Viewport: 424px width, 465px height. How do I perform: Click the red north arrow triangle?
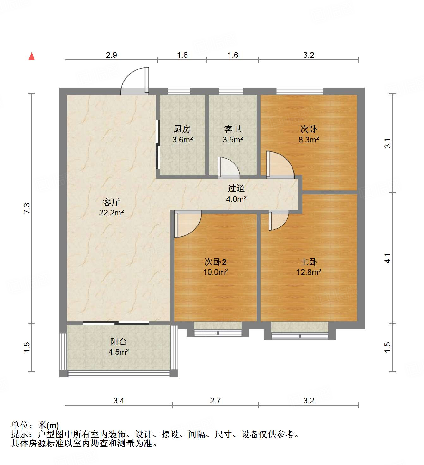pos(32,56)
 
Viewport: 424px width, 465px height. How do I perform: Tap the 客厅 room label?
pos(111,202)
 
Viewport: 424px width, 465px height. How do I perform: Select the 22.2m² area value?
pos(111,213)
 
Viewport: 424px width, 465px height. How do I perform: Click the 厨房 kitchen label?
pos(182,129)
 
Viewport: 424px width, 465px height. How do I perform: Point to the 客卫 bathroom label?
pos(233,129)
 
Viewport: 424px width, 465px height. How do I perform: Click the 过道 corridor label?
pos(236,189)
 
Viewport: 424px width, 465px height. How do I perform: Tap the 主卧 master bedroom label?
pos(309,262)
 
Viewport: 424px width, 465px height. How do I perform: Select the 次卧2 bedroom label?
pos(215,262)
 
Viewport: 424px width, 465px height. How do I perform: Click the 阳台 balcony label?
pos(119,341)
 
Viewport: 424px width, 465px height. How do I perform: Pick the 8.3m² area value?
pos(309,140)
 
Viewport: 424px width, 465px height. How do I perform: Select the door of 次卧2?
pos(187,224)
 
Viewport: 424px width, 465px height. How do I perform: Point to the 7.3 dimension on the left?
pos(27,208)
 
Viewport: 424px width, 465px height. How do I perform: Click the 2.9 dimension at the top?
pos(111,55)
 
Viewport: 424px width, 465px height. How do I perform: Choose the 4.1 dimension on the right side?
pos(388,258)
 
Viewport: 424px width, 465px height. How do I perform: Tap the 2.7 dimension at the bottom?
pos(215,401)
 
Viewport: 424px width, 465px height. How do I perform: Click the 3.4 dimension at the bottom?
pos(119,401)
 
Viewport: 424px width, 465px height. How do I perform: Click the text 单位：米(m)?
pos(35,425)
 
